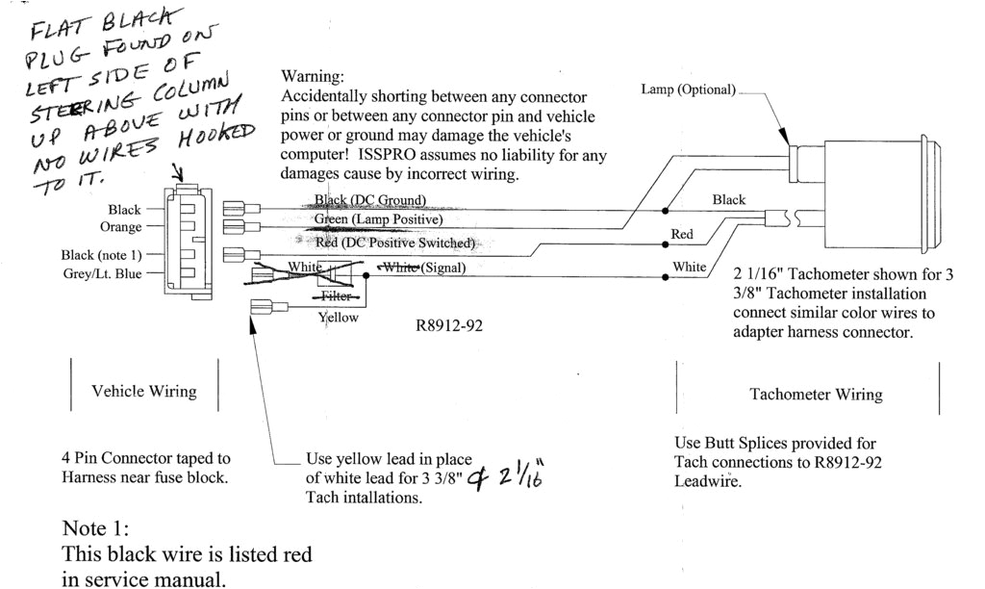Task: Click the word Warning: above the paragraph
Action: (312, 76)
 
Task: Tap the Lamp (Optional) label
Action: (689, 90)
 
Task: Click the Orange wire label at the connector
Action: (121, 227)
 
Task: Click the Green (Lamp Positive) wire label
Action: (378, 220)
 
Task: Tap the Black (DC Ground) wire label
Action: (370, 200)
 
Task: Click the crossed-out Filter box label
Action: (336, 296)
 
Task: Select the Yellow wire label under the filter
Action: (338, 318)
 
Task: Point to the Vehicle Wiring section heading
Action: (143, 391)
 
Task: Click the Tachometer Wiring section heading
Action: (815, 395)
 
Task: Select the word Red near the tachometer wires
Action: (682, 235)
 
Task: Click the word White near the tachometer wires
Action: (689, 267)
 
